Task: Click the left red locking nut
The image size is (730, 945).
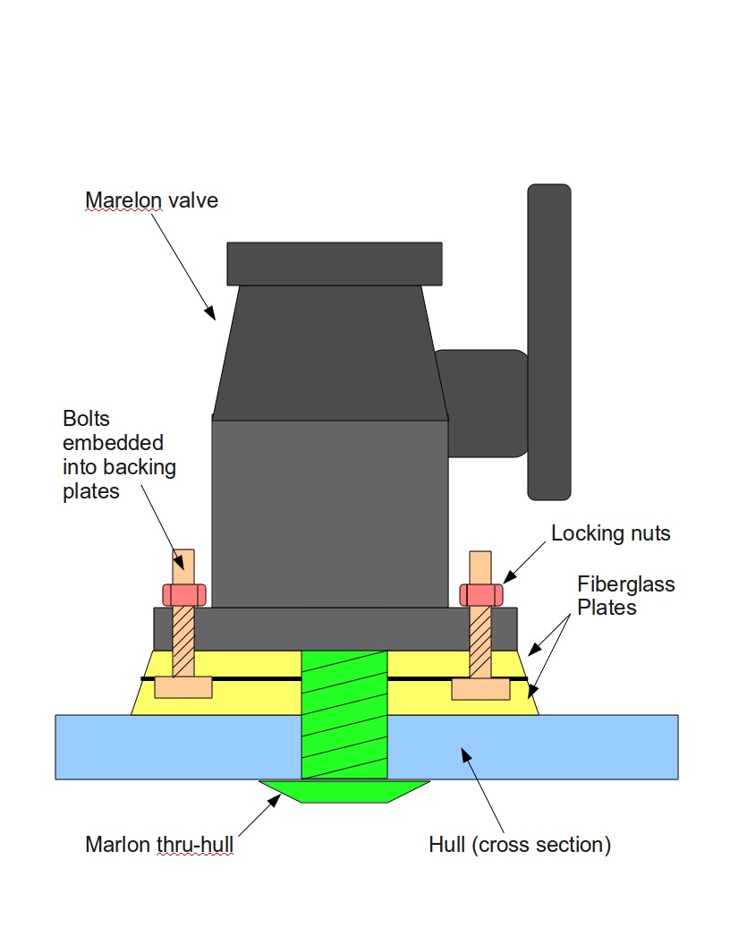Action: (183, 593)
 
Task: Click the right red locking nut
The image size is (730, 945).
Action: (480, 593)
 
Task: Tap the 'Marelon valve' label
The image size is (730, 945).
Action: (151, 200)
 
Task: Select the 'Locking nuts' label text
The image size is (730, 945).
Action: (610, 534)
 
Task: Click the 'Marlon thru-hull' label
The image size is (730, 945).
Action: (158, 845)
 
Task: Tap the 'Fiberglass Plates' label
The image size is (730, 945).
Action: (625, 596)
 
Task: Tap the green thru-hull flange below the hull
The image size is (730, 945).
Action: (344, 791)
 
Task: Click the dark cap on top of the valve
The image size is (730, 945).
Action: (335, 263)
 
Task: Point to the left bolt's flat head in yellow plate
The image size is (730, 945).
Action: (183, 687)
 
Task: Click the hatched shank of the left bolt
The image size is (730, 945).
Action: (183, 640)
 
